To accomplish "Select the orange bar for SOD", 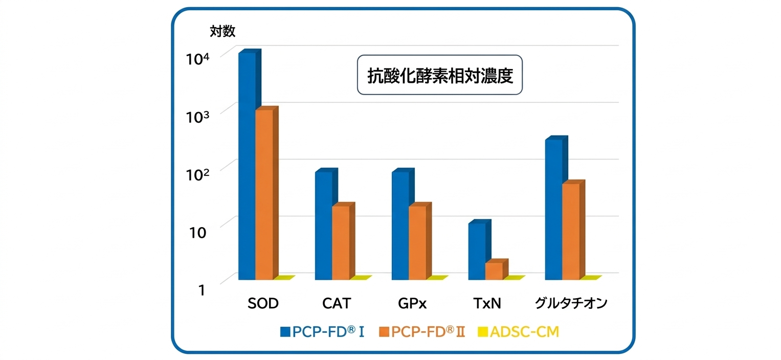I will (264, 194).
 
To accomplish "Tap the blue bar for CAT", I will (323, 226).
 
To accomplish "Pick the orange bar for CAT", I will (341, 242).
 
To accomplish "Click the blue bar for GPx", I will (400, 226).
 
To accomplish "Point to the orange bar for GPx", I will (417, 242).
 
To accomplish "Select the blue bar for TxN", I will (477, 251).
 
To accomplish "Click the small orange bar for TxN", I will (494, 271).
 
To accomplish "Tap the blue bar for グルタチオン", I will (553, 209).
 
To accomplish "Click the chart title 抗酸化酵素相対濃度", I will (440, 75).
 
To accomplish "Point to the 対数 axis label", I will (222, 32).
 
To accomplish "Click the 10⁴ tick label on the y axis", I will (198, 58).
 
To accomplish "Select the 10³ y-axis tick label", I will (198, 116).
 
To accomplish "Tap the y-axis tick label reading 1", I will (202, 289).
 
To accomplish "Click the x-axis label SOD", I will (263, 304).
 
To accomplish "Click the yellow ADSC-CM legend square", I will (481, 332).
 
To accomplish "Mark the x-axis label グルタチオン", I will (571, 304).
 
